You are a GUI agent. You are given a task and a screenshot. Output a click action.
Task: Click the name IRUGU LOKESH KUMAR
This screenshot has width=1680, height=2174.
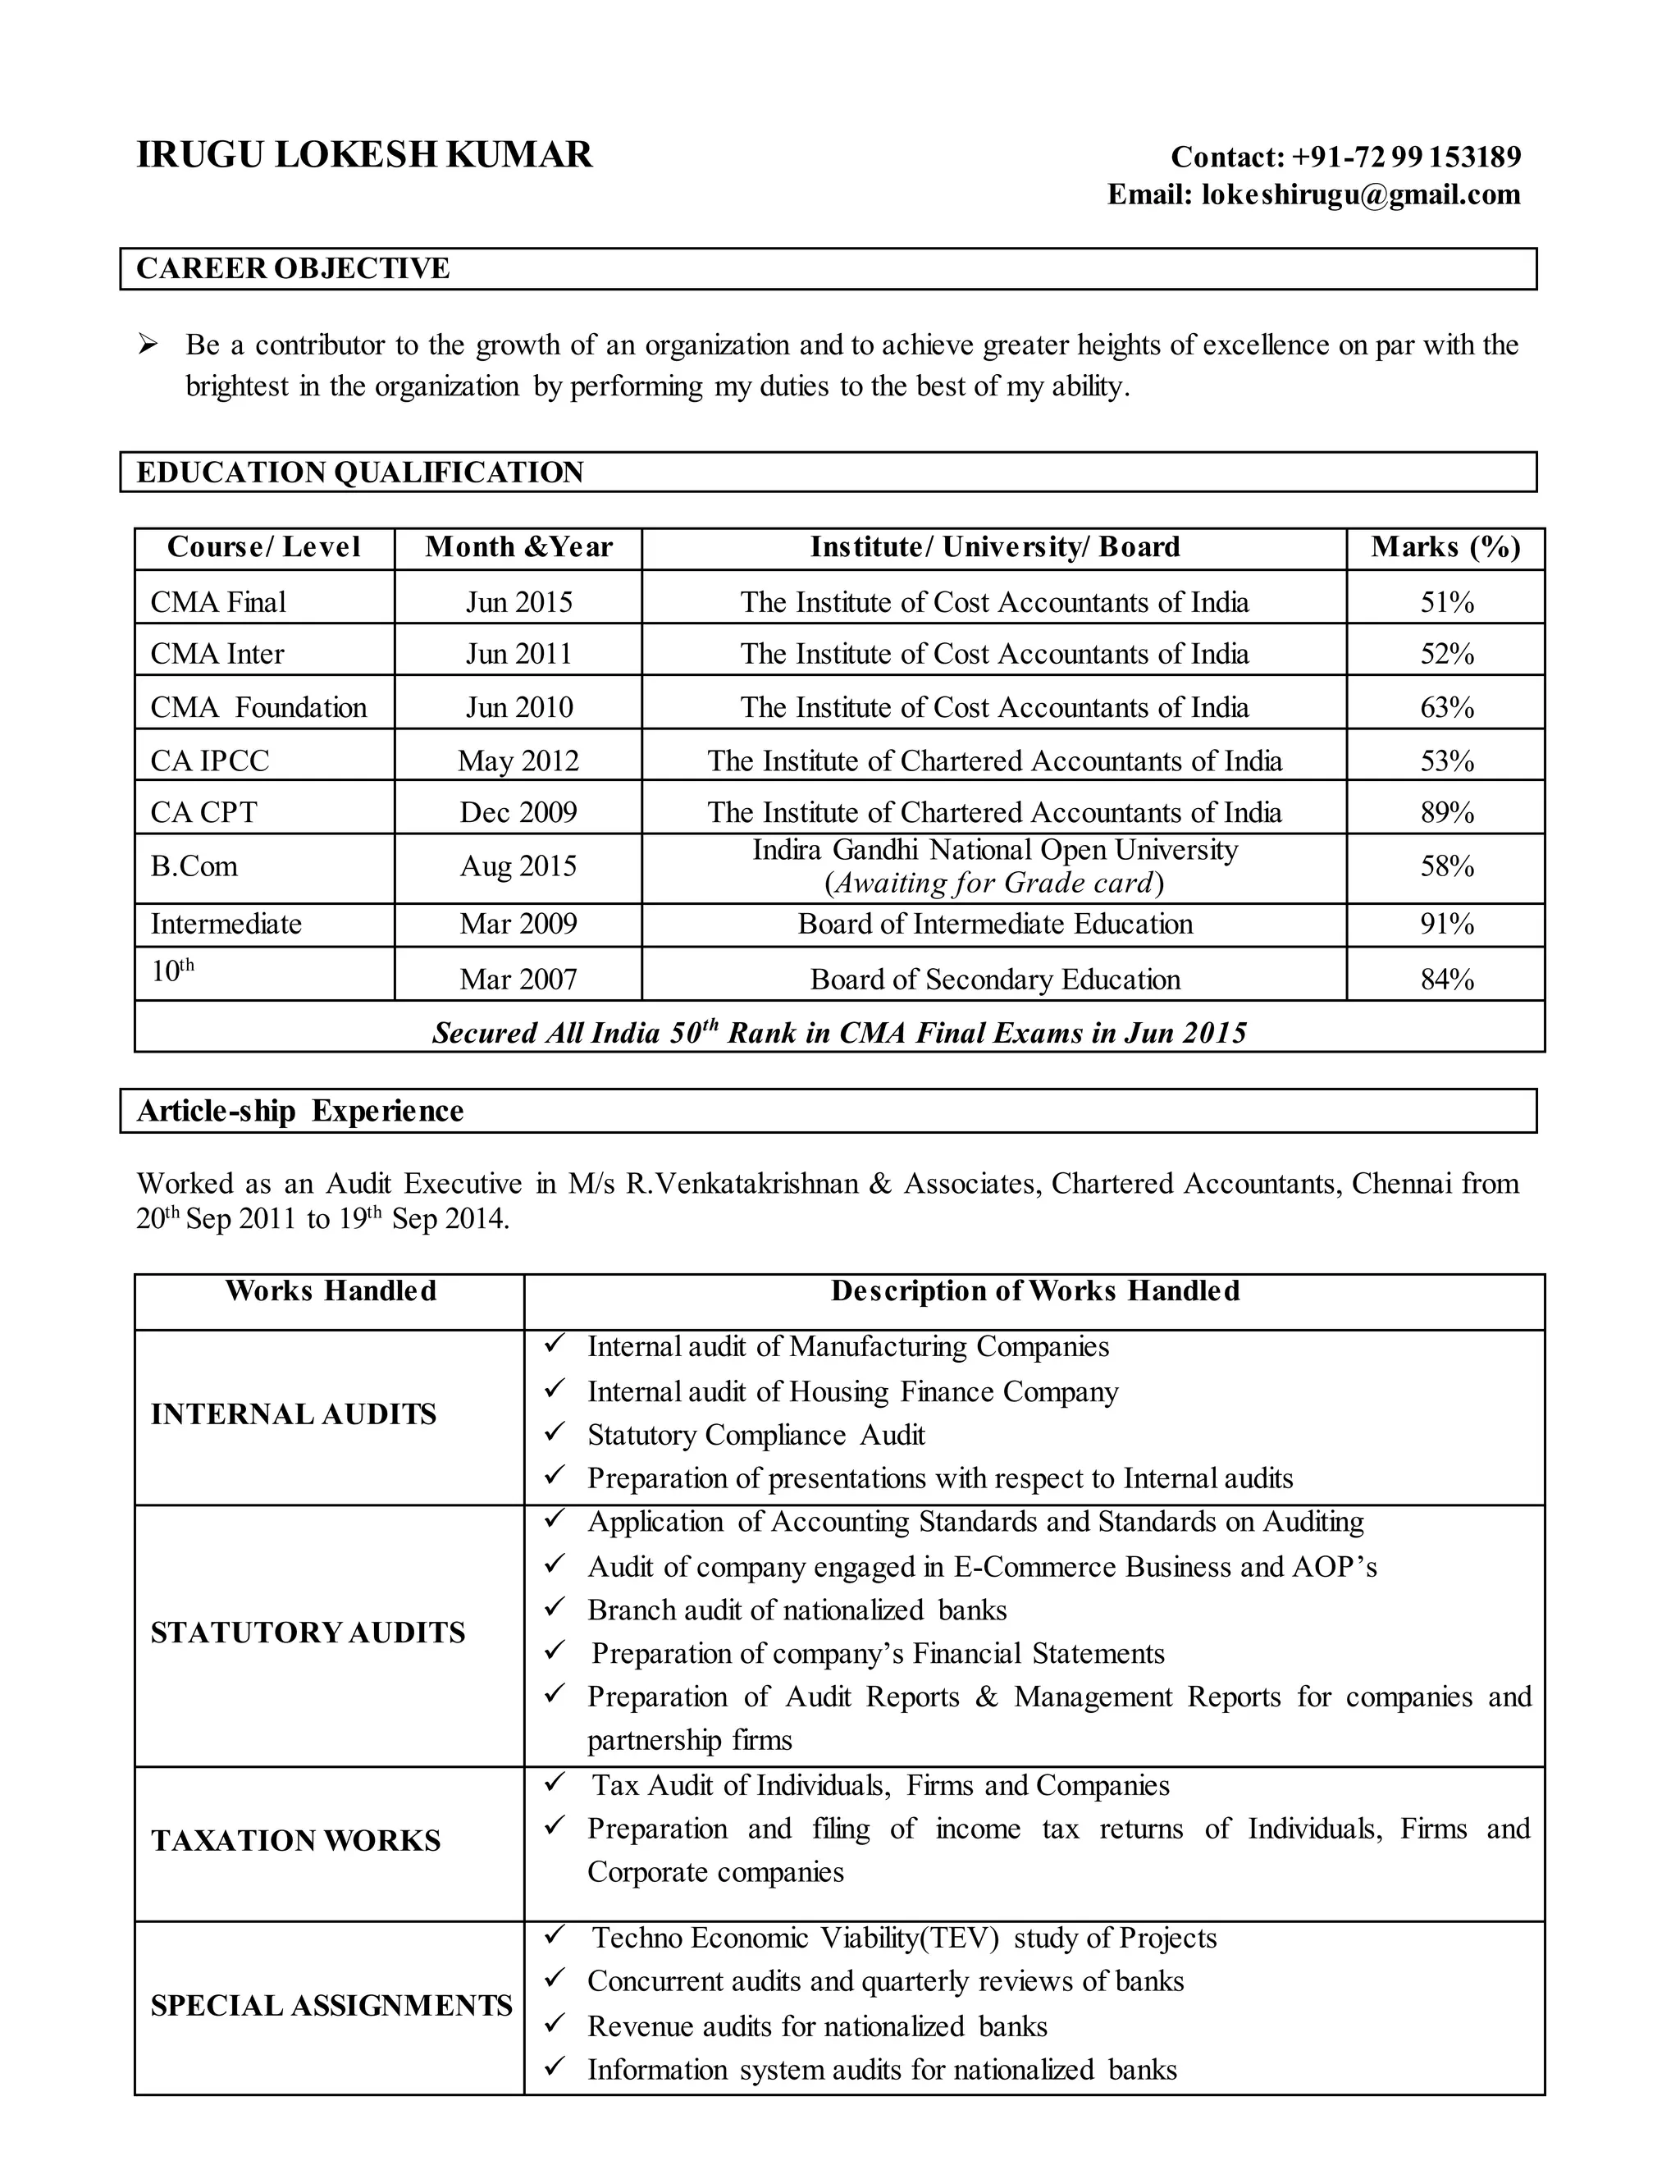(364, 155)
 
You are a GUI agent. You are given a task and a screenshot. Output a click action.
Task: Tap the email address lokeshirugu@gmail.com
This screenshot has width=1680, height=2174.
(1361, 194)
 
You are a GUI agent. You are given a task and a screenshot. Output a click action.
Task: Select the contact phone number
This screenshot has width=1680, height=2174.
(1406, 158)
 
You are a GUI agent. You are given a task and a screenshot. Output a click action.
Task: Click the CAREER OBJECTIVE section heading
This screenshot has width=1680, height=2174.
(293, 269)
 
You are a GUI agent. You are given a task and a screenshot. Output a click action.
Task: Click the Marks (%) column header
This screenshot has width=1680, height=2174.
(1445, 547)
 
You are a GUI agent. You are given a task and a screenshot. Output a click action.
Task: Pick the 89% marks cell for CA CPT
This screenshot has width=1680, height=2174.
(1446, 813)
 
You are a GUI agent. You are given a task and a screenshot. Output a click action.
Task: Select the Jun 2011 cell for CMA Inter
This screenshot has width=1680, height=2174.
(518, 654)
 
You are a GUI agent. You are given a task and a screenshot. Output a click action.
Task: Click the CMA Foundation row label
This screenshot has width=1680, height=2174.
(258, 708)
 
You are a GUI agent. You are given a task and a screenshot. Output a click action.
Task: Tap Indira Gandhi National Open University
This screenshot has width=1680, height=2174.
(994, 850)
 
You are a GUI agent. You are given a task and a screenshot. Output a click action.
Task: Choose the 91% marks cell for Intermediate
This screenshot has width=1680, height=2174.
(1446, 925)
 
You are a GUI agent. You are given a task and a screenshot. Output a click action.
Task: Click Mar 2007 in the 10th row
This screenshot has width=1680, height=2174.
(518, 980)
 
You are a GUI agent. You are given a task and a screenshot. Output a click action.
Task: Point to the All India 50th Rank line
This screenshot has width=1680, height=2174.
(839, 1032)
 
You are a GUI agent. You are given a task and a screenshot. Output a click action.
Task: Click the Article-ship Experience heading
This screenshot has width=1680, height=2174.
(299, 1111)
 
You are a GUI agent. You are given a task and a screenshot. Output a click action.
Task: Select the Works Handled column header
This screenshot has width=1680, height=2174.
(331, 1291)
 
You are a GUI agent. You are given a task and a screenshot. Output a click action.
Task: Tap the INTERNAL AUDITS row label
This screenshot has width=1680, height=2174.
(294, 1414)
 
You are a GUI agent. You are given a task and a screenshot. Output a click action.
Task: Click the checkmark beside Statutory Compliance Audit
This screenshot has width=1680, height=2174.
(555, 1432)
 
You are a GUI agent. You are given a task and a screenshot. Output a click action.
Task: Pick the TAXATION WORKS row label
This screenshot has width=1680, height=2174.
(295, 1841)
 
